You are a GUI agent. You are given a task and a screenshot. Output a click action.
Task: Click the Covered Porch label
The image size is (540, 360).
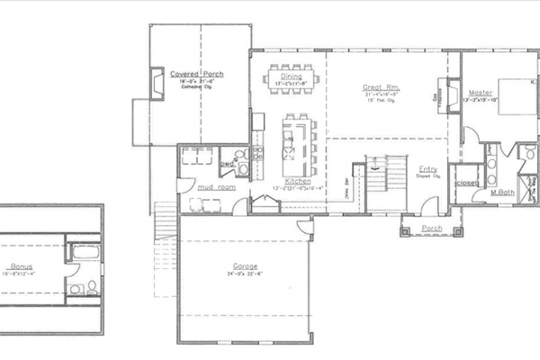click(196, 74)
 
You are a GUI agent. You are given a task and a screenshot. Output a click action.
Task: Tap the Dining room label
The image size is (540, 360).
click(291, 76)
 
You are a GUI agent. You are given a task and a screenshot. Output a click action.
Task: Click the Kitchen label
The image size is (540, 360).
click(298, 181)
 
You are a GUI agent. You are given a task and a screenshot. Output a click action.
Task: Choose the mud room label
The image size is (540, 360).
click(216, 186)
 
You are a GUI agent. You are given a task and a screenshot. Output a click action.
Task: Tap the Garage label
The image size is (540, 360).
click(246, 266)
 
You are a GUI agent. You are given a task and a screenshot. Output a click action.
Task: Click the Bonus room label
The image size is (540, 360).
click(23, 266)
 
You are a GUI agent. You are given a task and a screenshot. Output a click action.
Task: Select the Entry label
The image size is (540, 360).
click(428, 169)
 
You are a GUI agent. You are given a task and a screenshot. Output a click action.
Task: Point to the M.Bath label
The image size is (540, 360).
click(501, 193)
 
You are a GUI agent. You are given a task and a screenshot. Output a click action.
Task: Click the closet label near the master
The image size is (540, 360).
click(467, 181)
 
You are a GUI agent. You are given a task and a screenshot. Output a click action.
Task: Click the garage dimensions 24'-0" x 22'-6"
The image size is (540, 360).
click(246, 274)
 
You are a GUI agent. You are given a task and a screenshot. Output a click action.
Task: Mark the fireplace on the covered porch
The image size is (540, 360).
click(157, 84)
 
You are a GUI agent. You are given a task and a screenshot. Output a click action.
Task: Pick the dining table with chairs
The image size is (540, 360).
click(292, 79)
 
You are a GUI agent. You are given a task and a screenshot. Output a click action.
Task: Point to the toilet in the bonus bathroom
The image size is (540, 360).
click(74, 288)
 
